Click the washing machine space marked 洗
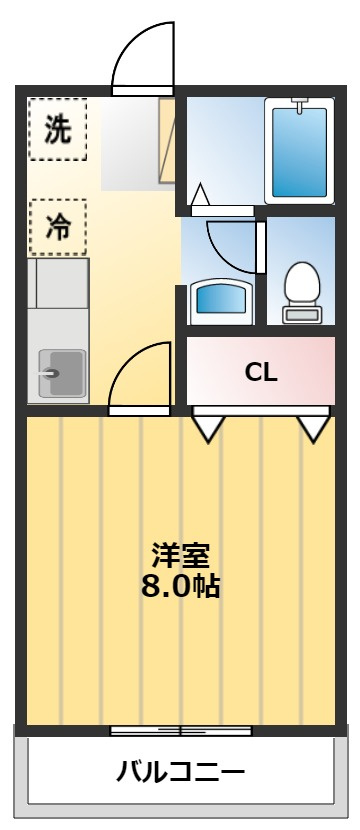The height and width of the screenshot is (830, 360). point(57,129)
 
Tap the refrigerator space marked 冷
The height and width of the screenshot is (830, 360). point(57,227)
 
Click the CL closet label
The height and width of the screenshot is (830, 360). point(261,372)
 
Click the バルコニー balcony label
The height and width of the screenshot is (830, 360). point(180,772)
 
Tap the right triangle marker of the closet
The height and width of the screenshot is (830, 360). point(314,428)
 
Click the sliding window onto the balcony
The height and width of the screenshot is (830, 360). point(180,731)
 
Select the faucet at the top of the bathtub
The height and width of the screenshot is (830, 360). point(299,103)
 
